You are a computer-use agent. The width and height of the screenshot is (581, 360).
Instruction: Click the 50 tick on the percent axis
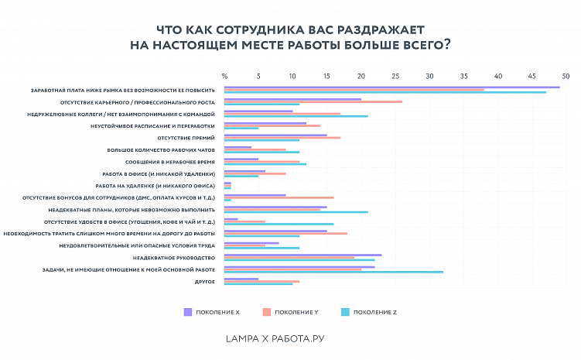566,76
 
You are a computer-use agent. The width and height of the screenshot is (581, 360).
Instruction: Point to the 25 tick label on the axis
395,76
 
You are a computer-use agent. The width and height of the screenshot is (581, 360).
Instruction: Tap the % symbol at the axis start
224,76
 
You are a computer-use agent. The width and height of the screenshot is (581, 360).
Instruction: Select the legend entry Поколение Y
292,312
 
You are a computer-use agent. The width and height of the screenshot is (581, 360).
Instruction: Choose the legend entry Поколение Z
370,312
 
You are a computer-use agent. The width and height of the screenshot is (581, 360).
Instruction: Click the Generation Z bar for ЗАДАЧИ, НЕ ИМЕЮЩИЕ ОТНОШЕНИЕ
333,273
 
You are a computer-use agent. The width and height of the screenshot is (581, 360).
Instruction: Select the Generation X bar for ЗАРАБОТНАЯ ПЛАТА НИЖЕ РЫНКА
391,87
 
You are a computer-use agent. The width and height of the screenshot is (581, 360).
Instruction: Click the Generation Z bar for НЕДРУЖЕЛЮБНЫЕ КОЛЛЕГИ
296,116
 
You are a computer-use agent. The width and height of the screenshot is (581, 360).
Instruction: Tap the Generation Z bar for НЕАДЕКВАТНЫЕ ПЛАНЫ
296,212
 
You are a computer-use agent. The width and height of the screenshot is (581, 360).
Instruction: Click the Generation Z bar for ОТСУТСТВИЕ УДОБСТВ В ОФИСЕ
279,224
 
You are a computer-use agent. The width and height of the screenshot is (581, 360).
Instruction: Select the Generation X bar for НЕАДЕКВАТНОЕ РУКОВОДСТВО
302,255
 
